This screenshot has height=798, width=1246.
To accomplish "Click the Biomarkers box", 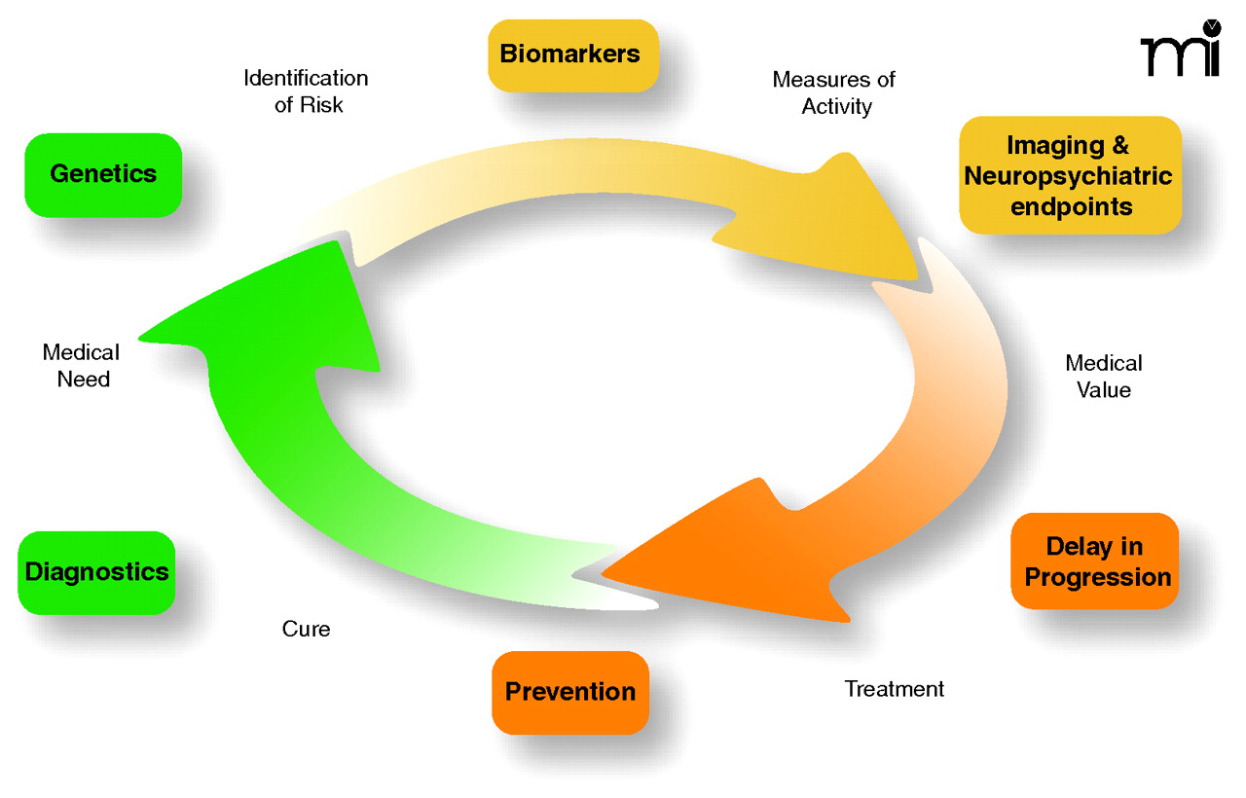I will pyautogui.click(x=570, y=54).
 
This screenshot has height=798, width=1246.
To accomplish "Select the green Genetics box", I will pyautogui.click(x=103, y=175).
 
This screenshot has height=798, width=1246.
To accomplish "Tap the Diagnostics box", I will pyautogui.click(x=96, y=572).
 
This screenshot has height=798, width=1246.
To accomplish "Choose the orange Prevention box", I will pyautogui.click(x=570, y=692).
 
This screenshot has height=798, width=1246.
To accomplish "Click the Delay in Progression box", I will pyautogui.click(x=1095, y=562).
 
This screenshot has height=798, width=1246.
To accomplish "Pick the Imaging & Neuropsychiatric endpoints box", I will pyautogui.click(x=1070, y=176).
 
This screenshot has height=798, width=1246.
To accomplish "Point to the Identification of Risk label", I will pyautogui.click(x=306, y=91).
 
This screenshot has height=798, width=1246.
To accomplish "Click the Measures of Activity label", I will pyautogui.click(x=834, y=93).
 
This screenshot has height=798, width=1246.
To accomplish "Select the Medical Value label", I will pyautogui.click(x=1104, y=377).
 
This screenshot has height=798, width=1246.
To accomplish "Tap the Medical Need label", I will pyautogui.click(x=82, y=366).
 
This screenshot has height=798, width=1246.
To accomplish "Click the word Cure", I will pyautogui.click(x=306, y=630).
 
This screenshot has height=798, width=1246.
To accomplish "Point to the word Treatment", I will pyautogui.click(x=894, y=690).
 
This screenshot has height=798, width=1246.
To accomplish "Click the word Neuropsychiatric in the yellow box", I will pyautogui.click(x=1069, y=177).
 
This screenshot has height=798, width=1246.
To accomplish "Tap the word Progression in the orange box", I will pyautogui.click(x=1098, y=577).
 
